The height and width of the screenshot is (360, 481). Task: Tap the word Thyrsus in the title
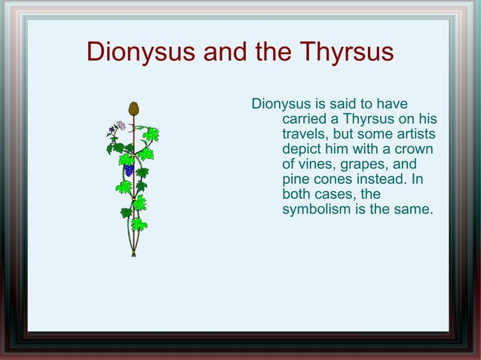click(x=346, y=53)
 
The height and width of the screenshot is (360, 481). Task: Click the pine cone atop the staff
click(x=133, y=108)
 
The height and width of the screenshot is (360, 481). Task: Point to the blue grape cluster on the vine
click(x=129, y=170)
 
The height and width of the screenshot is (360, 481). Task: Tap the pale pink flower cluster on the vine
click(x=119, y=126)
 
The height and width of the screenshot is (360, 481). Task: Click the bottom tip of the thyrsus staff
click(x=133, y=254)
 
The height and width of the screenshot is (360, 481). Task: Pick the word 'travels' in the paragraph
click(x=305, y=134)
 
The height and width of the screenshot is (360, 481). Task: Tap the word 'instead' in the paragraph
click(x=382, y=179)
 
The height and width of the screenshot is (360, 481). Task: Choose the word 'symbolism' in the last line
click(x=316, y=209)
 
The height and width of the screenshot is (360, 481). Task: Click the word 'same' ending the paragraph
click(x=414, y=209)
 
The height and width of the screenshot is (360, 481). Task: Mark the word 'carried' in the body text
click(x=306, y=119)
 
